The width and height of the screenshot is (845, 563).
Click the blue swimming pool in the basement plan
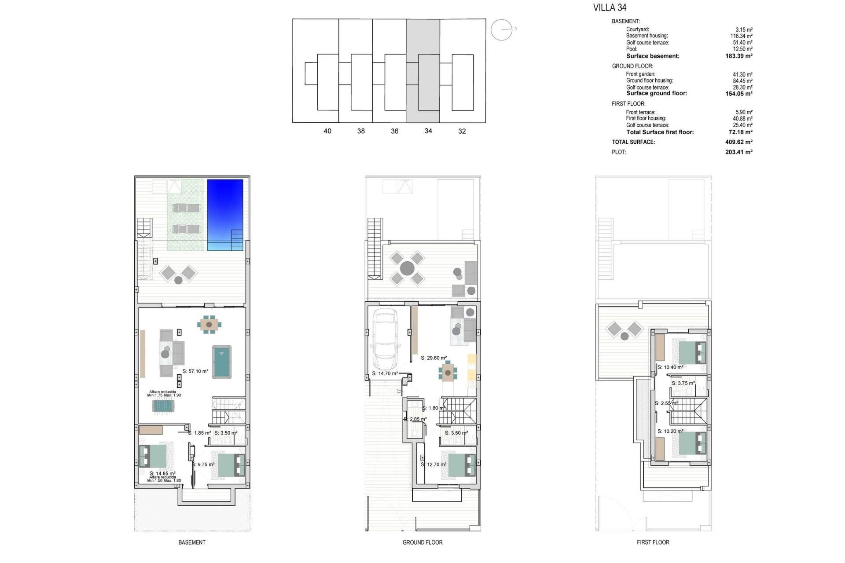click(x=225, y=214)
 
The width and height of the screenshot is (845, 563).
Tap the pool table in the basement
click(x=222, y=362)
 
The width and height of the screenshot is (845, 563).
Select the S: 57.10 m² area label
click(x=195, y=371)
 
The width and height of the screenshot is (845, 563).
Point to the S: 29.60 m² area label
click(x=434, y=358)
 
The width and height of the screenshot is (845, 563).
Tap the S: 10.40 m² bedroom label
click(x=670, y=367)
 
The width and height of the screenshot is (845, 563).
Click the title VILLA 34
click(x=610, y=7)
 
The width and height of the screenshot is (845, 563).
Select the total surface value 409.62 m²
click(x=738, y=142)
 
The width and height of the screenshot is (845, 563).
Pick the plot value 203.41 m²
click(x=738, y=152)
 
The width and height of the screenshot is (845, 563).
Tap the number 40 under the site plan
click(x=327, y=131)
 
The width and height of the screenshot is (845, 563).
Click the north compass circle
click(x=501, y=30)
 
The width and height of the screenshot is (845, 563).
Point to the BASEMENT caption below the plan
click(x=192, y=542)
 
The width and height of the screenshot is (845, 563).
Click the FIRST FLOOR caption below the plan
click(x=653, y=542)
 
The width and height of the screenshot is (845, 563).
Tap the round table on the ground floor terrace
click(x=407, y=268)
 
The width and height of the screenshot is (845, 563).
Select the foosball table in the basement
click(x=164, y=406)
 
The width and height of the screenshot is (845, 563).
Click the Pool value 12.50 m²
click(x=742, y=49)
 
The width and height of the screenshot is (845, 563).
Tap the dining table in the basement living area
click(x=209, y=325)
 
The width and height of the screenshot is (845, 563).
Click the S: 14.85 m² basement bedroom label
click(x=162, y=474)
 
